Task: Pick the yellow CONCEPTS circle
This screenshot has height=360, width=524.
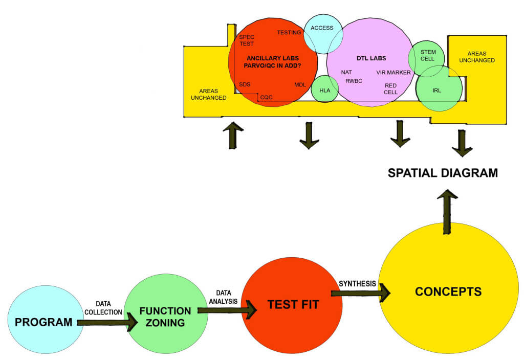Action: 448,291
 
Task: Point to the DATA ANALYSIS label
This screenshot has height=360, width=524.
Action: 223,297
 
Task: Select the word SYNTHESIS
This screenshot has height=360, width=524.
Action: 357,283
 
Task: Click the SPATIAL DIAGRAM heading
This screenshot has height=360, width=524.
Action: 443,173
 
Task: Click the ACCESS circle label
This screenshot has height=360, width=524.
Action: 322,28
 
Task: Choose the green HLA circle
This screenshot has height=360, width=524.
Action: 325,90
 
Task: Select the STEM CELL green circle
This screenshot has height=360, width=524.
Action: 427,55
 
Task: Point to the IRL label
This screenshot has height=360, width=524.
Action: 436,91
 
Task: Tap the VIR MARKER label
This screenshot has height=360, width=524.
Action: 394,73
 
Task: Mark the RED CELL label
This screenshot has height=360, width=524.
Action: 391,89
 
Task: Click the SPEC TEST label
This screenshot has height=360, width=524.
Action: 247,40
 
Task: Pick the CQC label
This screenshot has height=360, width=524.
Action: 266,97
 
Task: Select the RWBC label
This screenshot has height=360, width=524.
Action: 354,81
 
